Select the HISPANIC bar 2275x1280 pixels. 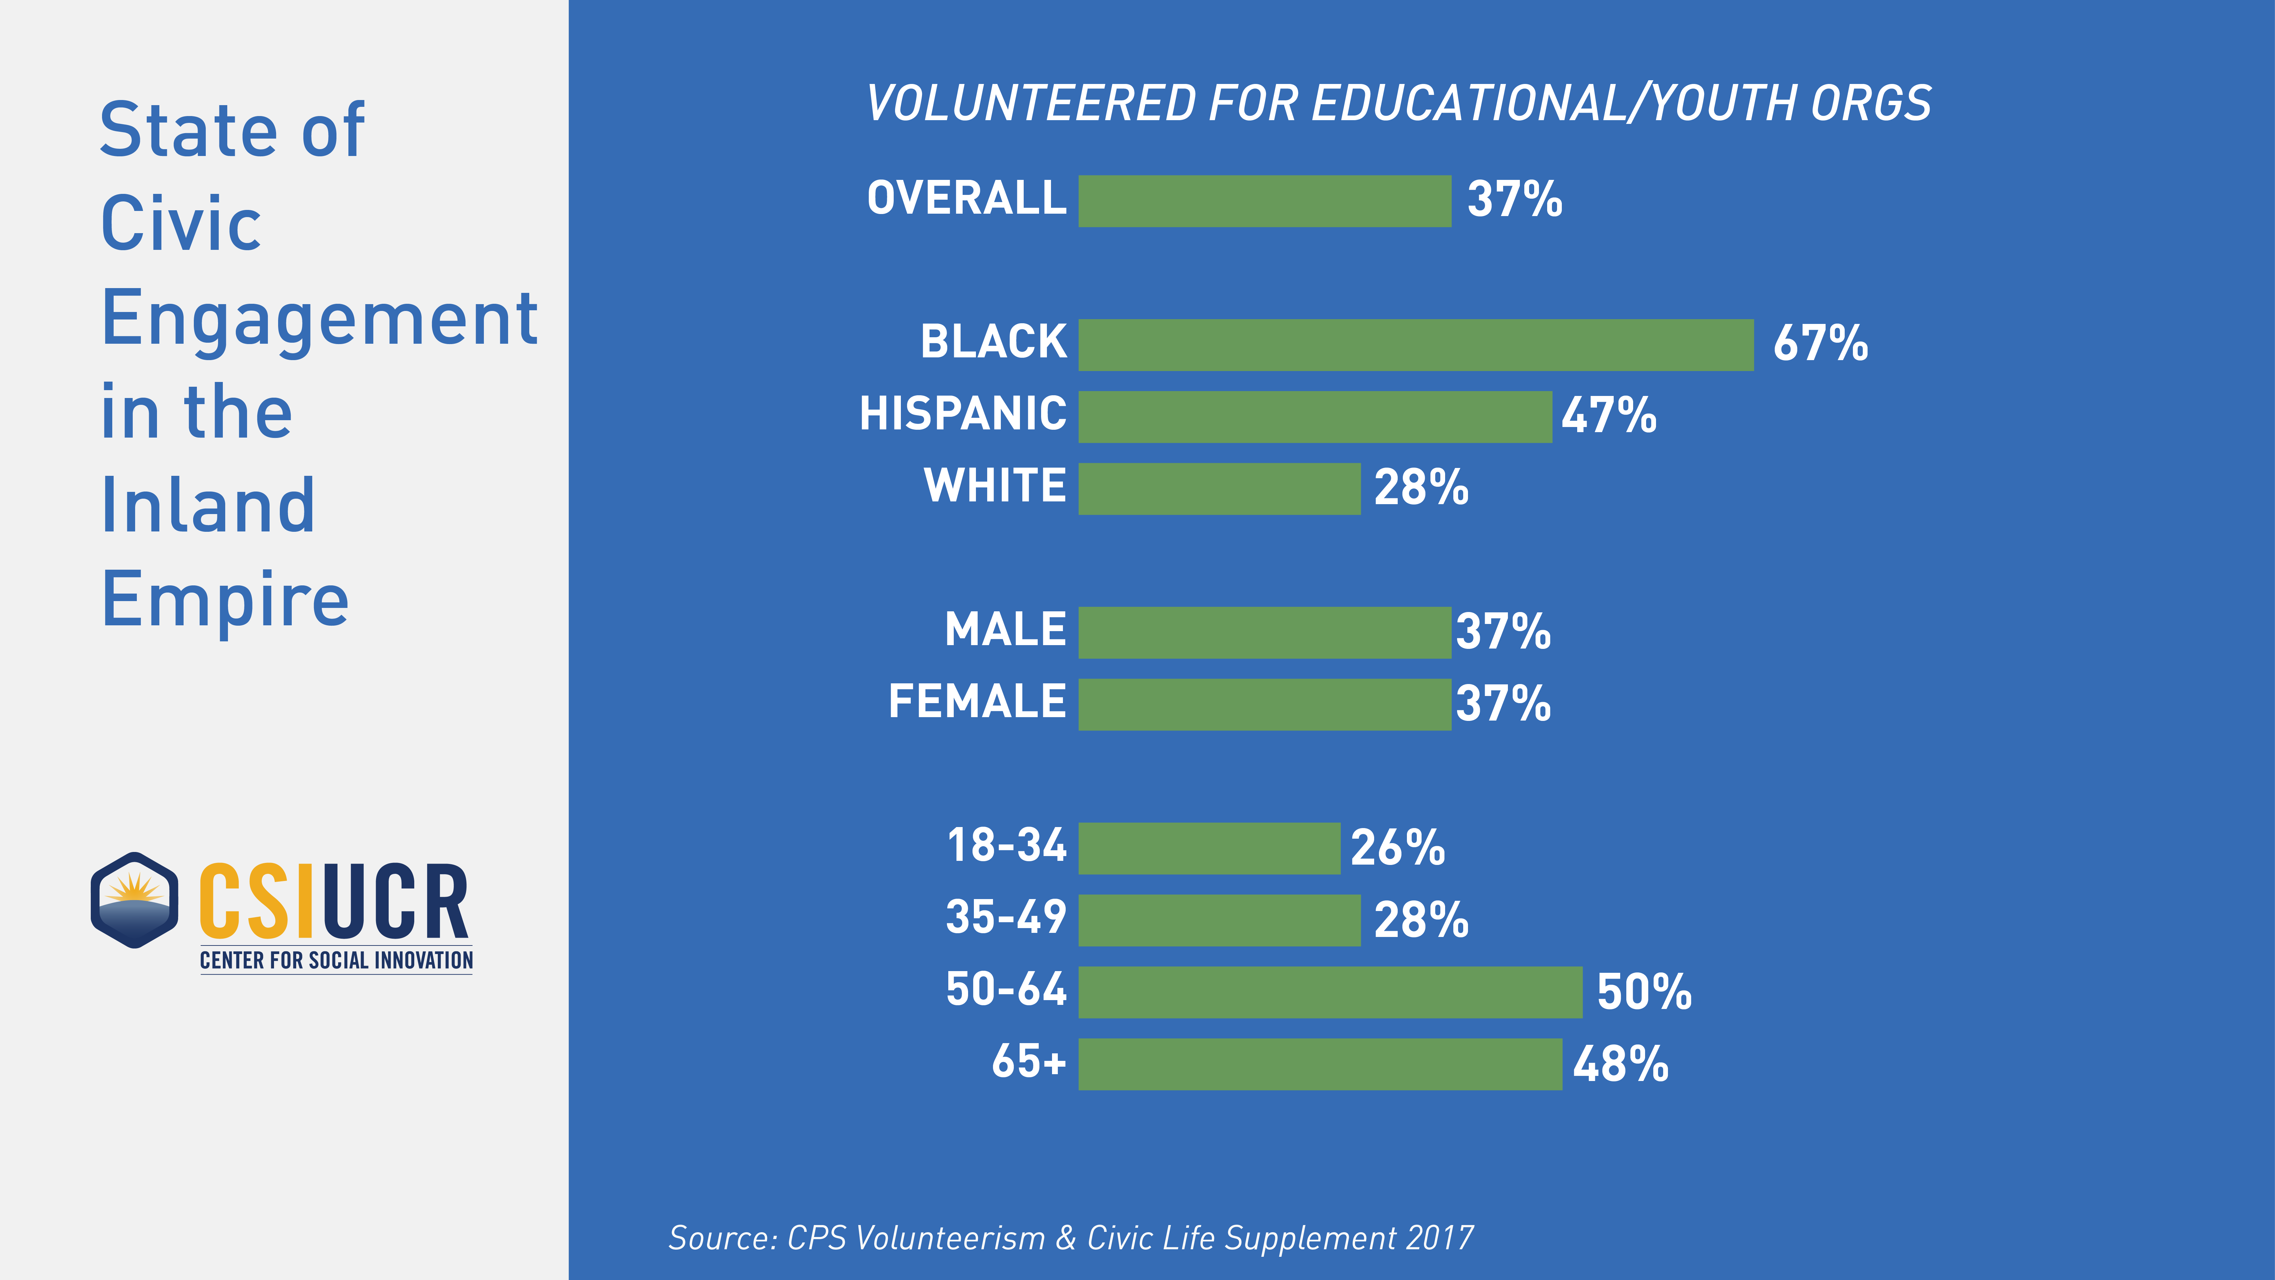(1315, 417)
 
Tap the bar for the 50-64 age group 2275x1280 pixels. (1330, 992)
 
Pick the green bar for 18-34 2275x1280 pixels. (1209, 848)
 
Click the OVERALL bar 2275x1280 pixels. (1265, 201)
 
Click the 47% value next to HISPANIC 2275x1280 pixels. (1608, 415)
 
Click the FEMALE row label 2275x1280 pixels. (977, 702)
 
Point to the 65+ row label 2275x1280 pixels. (1029, 1061)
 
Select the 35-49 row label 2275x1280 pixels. (1006, 917)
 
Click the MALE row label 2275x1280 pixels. (1005, 630)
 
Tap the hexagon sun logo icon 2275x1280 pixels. (134, 900)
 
